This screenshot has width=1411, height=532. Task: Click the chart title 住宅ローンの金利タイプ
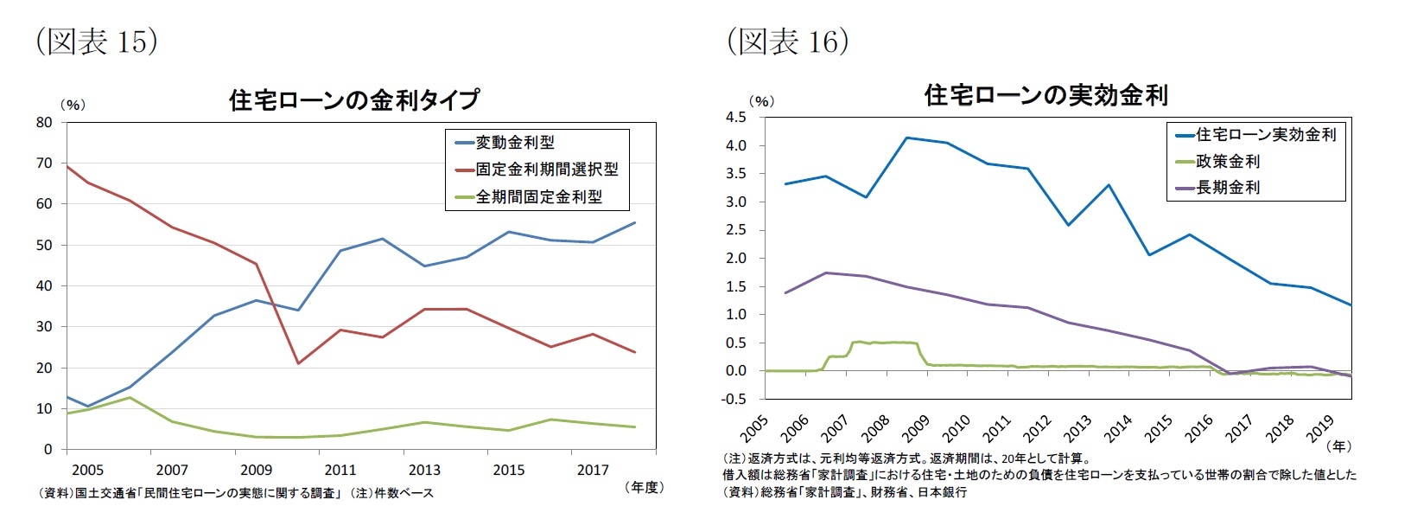point(353,100)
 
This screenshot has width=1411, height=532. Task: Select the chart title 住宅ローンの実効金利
point(1046,95)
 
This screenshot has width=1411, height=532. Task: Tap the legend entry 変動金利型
point(514,143)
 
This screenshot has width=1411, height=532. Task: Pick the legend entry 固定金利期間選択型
point(546,170)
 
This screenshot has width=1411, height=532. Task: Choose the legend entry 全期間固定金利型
point(538,197)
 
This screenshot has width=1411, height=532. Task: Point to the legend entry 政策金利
point(1227,162)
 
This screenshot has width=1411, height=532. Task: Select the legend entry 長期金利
point(1227,188)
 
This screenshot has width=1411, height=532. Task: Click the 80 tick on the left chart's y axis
point(44,123)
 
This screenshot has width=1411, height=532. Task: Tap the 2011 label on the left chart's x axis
point(340,471)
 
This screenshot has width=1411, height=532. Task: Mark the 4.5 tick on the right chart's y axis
point(736,118)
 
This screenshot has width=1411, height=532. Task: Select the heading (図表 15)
point(97,42)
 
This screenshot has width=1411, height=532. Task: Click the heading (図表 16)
point(788,42)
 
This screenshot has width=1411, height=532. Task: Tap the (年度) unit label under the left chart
point(643,488)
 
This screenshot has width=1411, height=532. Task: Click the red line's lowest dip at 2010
point(298,363)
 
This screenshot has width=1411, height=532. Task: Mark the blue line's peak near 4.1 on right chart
point(906,138)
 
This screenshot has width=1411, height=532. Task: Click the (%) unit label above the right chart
point(761,101)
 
